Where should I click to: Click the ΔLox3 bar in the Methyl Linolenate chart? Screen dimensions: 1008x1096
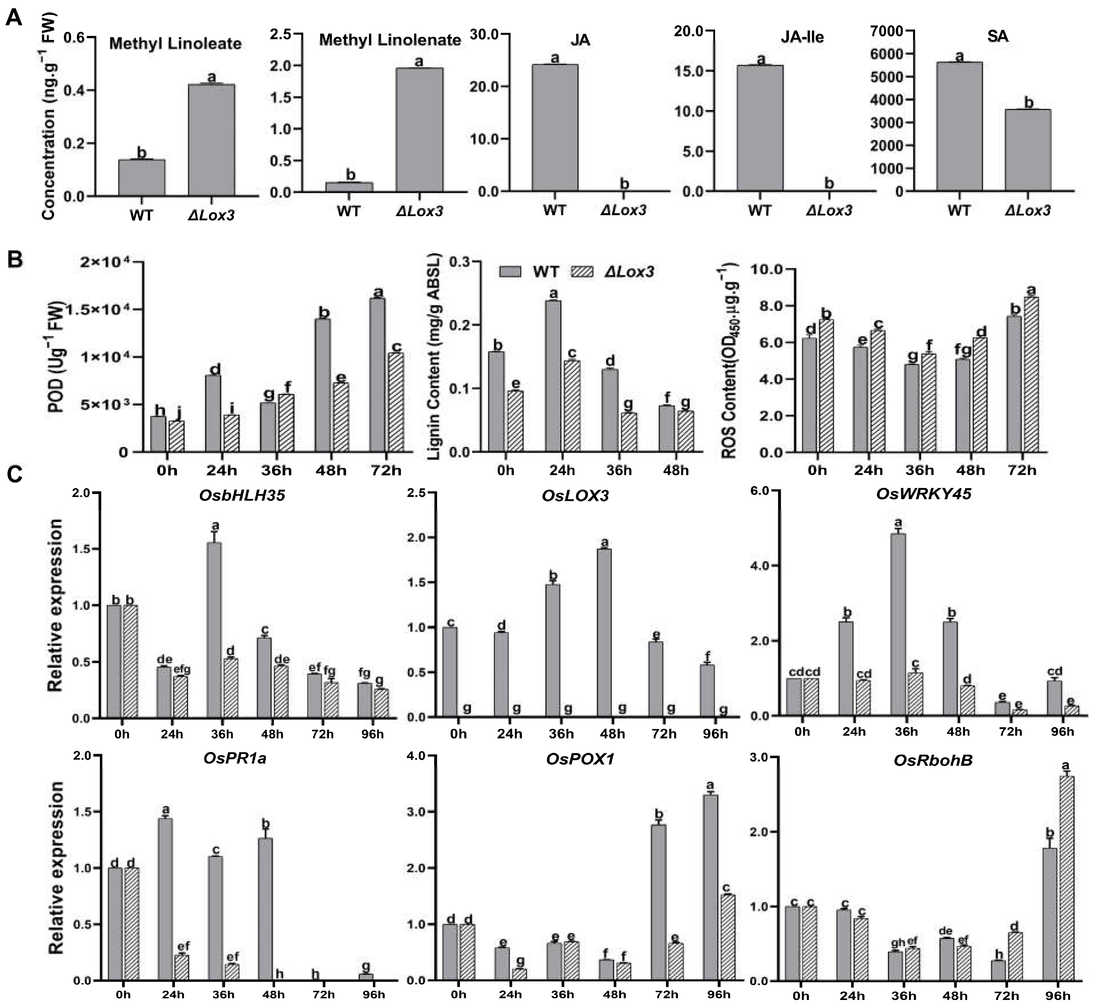pos(419,130)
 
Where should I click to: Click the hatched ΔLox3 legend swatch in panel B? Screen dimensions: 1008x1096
pos(582,272)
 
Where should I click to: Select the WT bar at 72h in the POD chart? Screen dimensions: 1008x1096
pos(377,375)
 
